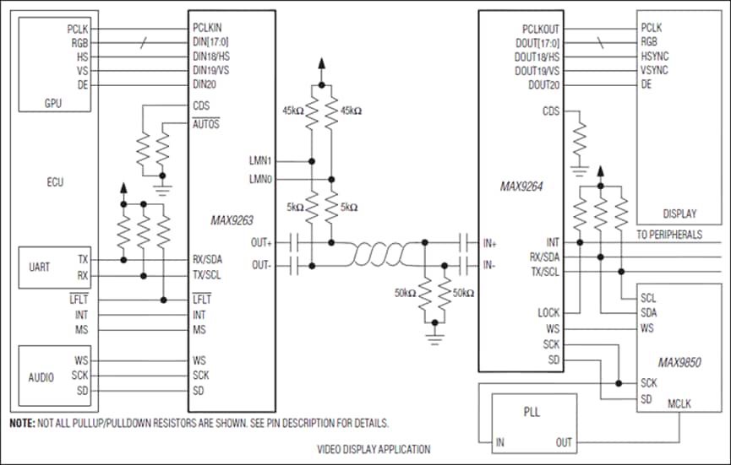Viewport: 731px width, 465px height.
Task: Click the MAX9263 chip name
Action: coord(232,220)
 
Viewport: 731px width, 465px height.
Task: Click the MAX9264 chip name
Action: coord(521,187)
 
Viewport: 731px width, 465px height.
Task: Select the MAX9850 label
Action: coord(679,363)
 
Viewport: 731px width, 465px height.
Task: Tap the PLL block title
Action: coord(532,412)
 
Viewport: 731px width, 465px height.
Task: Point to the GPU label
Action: coord(52,103)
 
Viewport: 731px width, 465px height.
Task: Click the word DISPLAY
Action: coord(679,214)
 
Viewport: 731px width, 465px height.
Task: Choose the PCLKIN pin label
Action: coord(207,28)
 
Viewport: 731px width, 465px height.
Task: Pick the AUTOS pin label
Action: coord(206,124)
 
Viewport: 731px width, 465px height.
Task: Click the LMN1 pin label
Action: coord(260,161)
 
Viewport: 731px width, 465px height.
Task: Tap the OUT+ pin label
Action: coord(261,242)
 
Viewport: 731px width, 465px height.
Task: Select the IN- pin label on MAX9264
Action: coord(489,265)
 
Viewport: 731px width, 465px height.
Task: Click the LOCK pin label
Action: coord(548,313)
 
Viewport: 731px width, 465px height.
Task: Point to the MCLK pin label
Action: coord(679,403)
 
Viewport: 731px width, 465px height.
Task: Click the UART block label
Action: coord(39,267)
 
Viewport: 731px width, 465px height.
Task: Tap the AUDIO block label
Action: coord(41,377)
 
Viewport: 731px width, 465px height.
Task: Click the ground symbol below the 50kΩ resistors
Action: coord(434,339)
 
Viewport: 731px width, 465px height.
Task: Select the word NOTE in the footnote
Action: coord(22,423)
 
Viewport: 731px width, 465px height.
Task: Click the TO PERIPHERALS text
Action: coord(669,234)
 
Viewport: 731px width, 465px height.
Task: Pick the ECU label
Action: coord(55,182)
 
